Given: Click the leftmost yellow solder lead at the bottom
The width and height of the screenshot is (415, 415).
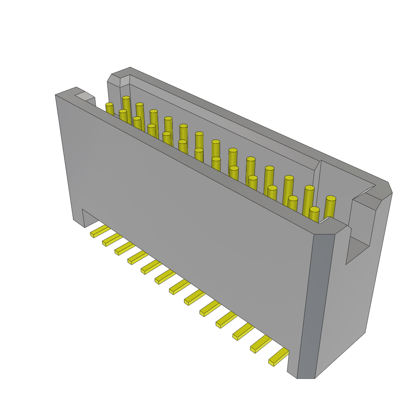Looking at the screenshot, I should click(99, 231).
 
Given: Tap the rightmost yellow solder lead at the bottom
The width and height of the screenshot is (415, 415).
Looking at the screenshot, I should click(278, 357).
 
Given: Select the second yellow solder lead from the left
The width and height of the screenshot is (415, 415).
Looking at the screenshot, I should click(111, 240).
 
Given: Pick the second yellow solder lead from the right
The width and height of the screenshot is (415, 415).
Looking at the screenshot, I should click(260, 344).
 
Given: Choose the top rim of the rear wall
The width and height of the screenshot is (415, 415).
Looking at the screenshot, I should click(259, 126).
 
